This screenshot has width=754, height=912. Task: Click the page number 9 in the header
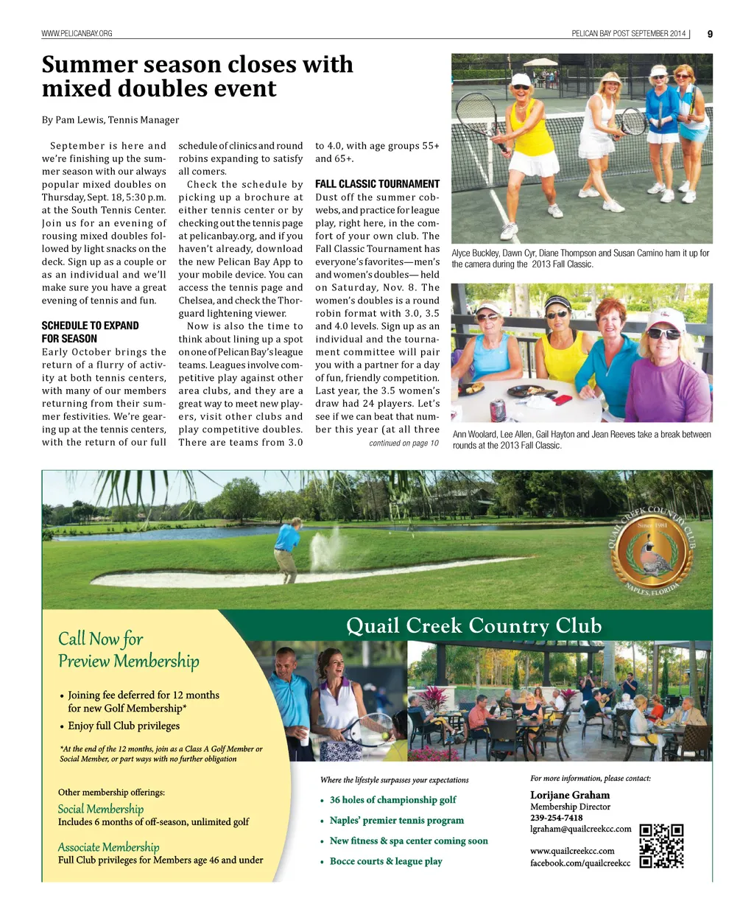[709, 34]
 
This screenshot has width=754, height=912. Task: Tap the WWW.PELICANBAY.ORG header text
[77, 34]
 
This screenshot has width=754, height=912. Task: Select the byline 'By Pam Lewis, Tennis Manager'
[110, 120]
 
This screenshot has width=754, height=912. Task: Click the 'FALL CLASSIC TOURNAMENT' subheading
[377, 184]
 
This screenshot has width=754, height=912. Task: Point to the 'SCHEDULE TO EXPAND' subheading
[90, 326]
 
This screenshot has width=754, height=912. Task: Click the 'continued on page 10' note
[404, 443]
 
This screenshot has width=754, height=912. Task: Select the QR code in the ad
[661, 846]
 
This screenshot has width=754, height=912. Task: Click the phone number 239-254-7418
[556, 818]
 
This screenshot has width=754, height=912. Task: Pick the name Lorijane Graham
[570, 795]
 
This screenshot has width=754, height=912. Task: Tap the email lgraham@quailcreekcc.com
[580, 829]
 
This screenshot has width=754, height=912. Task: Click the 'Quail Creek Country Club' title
[473, 626]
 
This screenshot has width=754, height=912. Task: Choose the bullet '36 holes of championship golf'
[392, 800]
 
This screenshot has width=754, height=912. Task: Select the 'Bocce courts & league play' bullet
[386, 861]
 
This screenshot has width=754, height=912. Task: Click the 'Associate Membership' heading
[108, 847]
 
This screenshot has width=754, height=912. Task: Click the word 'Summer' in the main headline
[89, 65]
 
